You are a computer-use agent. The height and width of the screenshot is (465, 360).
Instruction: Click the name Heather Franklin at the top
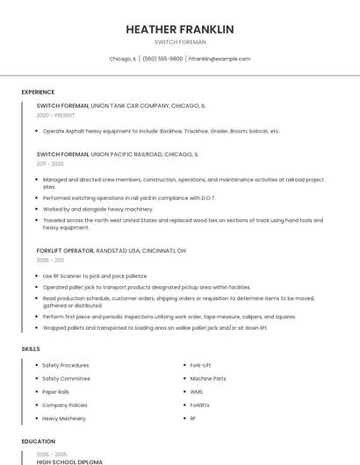tap(180, 29)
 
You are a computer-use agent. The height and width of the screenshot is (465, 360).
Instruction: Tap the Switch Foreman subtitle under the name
tap(180, 41)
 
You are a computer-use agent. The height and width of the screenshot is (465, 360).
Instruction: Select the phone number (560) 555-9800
tap(162, 59)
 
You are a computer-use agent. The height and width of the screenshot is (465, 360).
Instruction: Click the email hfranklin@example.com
tap(220, 59)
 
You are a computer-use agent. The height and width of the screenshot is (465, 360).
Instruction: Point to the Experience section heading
tap(38, 92)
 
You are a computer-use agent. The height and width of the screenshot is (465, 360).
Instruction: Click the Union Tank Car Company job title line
tap(121, 105)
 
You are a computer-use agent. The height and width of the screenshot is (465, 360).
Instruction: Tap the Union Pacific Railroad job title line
tap(118, 154)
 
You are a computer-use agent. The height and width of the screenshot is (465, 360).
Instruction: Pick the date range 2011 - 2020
tap(50, 163)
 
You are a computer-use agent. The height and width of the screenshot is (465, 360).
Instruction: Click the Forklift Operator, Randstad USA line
tap(112, 251)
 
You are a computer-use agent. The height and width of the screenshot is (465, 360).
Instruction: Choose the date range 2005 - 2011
tap(50, 261)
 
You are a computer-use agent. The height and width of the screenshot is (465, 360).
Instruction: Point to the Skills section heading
tap(31, 349)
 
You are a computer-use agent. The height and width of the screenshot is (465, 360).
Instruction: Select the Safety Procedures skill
tap(65, 365)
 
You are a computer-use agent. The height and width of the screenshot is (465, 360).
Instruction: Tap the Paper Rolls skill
tap(55, 392)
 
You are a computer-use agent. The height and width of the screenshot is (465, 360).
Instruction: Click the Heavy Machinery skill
tap(64, 418)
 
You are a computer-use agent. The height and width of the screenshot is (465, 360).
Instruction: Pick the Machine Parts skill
tap(208, 378)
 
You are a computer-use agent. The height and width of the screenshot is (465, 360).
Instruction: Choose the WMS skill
tap(196, 392)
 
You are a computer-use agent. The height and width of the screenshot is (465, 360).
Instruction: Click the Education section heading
tap(38, 441)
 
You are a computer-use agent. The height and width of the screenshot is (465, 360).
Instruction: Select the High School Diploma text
tap(69, 461)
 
